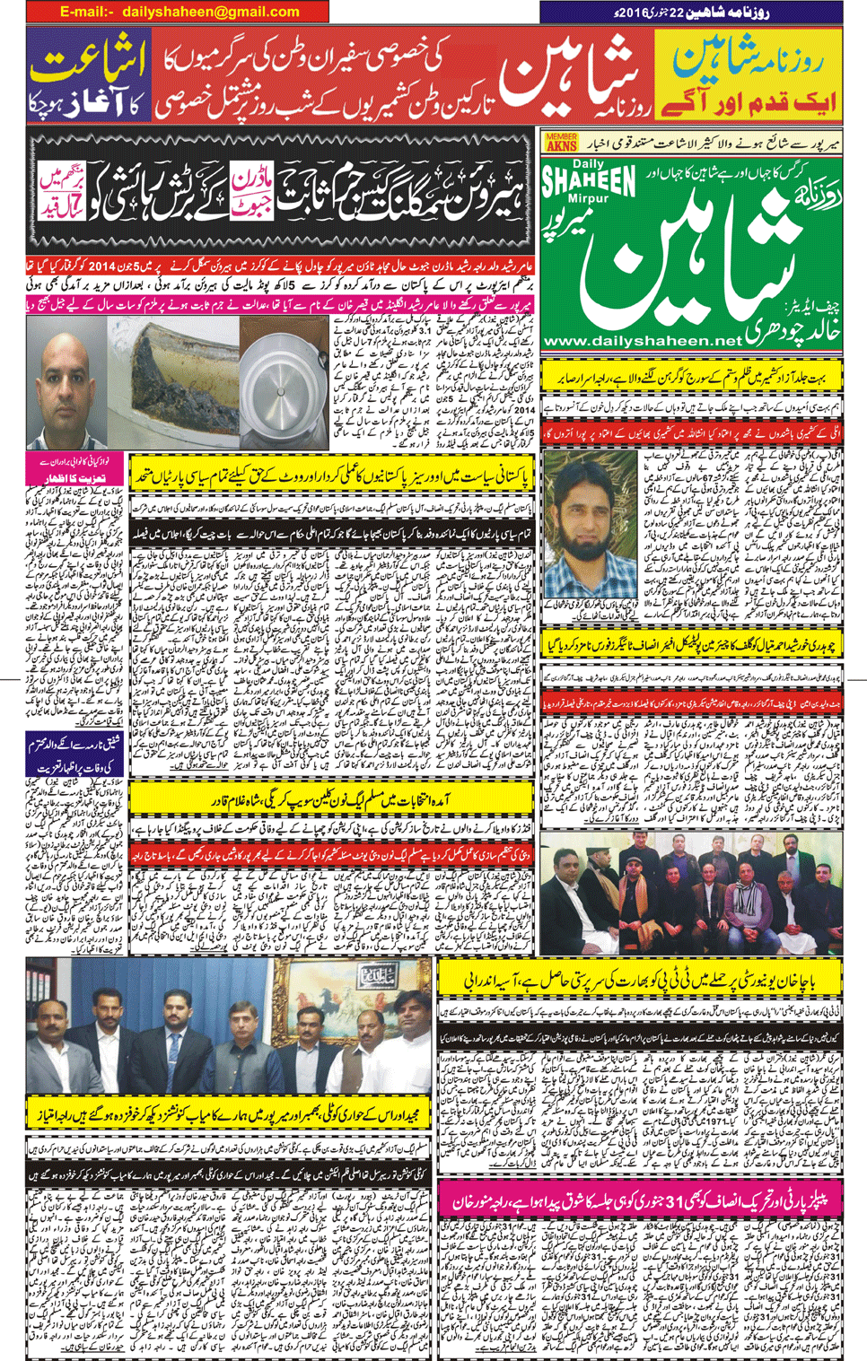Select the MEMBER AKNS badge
tap(561, 143)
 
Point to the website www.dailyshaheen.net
tap(643, 341)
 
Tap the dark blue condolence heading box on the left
tap(76, 754)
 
